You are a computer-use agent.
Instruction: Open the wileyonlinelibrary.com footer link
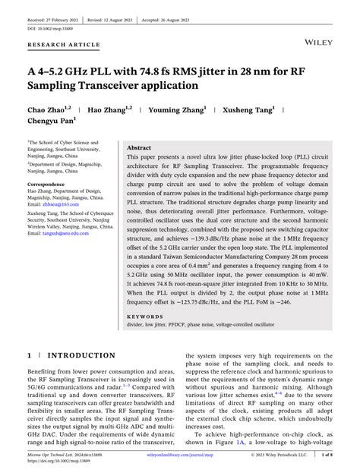click(x=176, y=456)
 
